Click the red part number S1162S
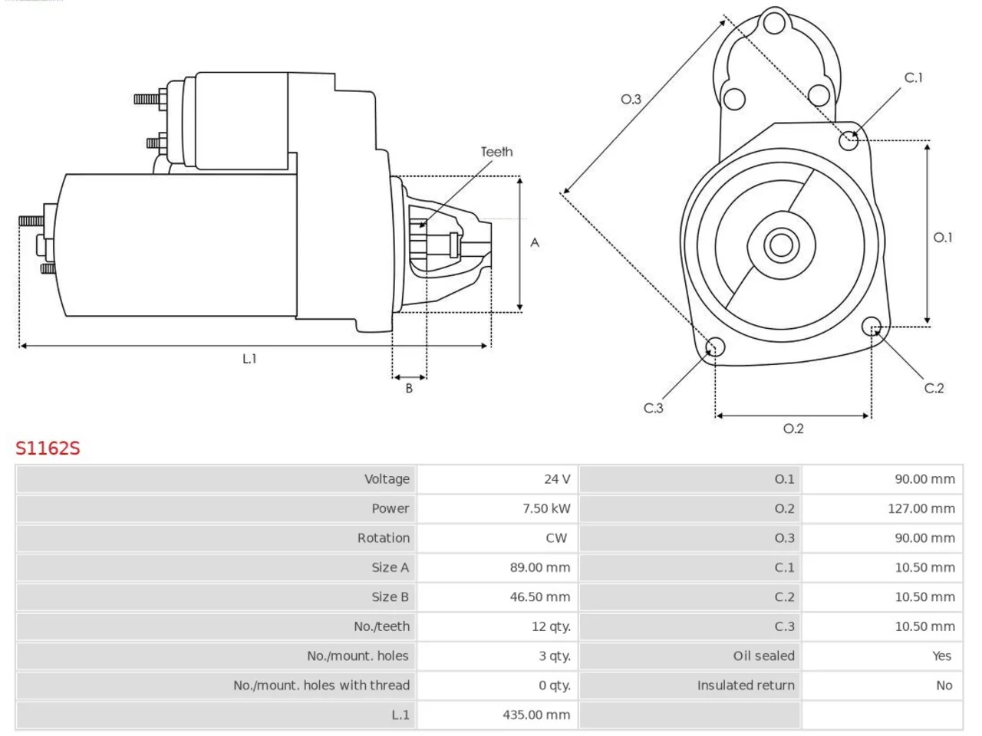(48, 448)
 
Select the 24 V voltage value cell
(497, 479)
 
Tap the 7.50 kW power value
(546, 508)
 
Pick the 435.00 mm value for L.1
(536, 715)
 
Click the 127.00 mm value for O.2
(921, 508)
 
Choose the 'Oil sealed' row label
(763, 656)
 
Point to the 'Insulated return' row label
(746, 685)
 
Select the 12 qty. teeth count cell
(497, 626)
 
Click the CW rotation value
(556, 538)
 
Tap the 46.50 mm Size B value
(540, 597)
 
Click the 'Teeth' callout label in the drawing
(496, 152)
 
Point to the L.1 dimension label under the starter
(249, 359)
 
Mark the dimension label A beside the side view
(535, 243)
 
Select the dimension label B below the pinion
(409, 389)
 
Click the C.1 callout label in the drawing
(913, 77)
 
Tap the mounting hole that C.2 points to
(871, 327)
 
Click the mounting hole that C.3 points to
(715, 347)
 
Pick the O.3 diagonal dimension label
(631, 99)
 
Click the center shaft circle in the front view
(781, 245)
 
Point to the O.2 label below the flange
(793, 429)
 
